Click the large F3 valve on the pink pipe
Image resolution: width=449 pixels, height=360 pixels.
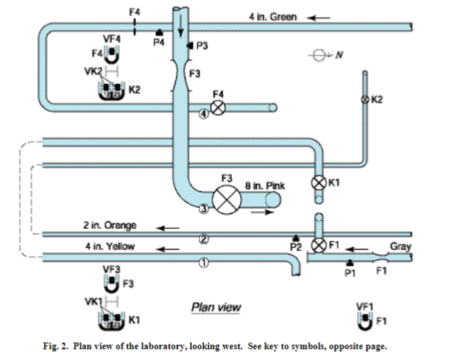pyautogui.click(x=226, y=199)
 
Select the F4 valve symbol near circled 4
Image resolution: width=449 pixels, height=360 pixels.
pyautogui.click(x=218, y=108)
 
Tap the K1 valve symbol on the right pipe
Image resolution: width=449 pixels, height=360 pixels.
pyautogui.click(x=318, y=182)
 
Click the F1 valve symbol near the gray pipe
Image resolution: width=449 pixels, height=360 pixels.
pyautogui.click(x=318, y=244)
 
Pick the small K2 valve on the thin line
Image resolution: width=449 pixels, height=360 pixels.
pyautogui.click(x=364, y=99)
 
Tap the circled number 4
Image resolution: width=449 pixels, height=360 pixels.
pyautogui.click(x=204, y=113)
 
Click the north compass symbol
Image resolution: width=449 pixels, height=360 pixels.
pyautogui.click(x=319, y=54)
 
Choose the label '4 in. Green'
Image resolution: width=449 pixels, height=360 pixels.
pyautogui.click(x=274, y=16)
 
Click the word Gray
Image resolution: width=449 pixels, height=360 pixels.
pyautogui.click(x=400, y=247)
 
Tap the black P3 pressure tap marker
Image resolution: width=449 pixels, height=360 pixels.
pyautogui.click(x=189, y=46)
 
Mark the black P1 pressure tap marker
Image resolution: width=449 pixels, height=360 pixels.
pyautogui.click(x=349, y=263)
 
